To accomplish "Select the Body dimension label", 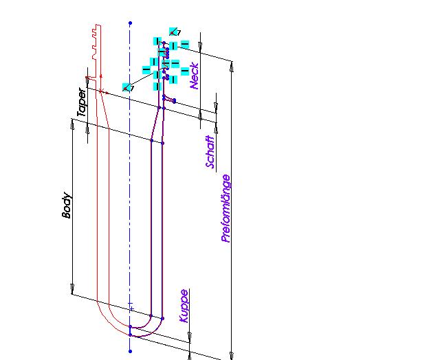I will coord(67,205).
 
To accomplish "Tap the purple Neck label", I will coord(194,76).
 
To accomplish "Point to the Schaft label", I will coord(210,152).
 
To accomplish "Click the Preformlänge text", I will coord(225,208).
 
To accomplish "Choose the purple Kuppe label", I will coord(184,306).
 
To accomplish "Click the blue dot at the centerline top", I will coord(130,23).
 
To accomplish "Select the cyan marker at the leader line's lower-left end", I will coord(126,87).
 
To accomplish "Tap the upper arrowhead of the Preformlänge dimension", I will coord(232,67).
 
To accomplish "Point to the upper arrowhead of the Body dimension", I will coord(73,123).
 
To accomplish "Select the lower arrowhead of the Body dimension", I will coord(73,291).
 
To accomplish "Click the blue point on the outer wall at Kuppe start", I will coord(162,318).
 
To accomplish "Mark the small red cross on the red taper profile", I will coord(101,91).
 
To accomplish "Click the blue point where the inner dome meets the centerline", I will coord(130,326).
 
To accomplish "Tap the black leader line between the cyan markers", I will coord(143,77).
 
